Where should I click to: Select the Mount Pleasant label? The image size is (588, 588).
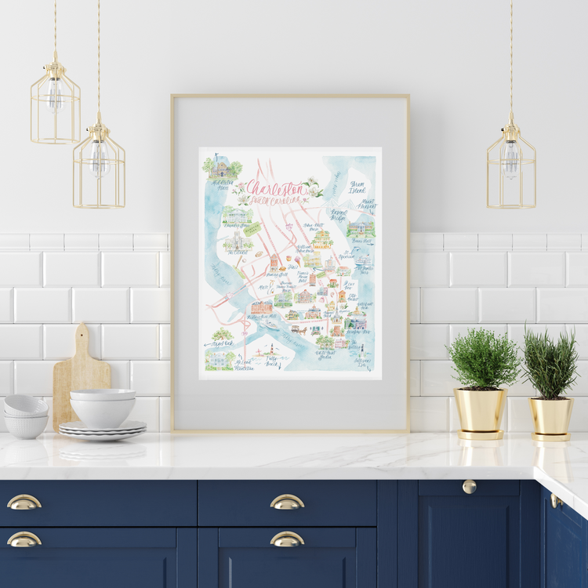pos(366,205)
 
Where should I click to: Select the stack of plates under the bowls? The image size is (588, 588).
pos(102,428)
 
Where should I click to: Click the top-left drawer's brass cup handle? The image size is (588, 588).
pos(24,503)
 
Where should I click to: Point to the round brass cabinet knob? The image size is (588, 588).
pos(469,486)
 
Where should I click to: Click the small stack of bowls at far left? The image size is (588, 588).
pos(26,416)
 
